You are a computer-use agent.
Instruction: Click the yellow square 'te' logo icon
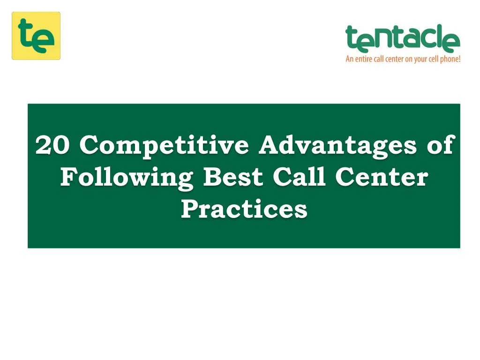click(36, 36)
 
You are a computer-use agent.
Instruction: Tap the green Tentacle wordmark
click(403, 38)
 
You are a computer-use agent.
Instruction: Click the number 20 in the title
click(53, 145)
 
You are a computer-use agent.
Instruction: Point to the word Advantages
click(337, 145)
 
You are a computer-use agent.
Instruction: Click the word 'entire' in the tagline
click(364, 60)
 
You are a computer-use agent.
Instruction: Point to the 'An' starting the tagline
click(349, 60)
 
